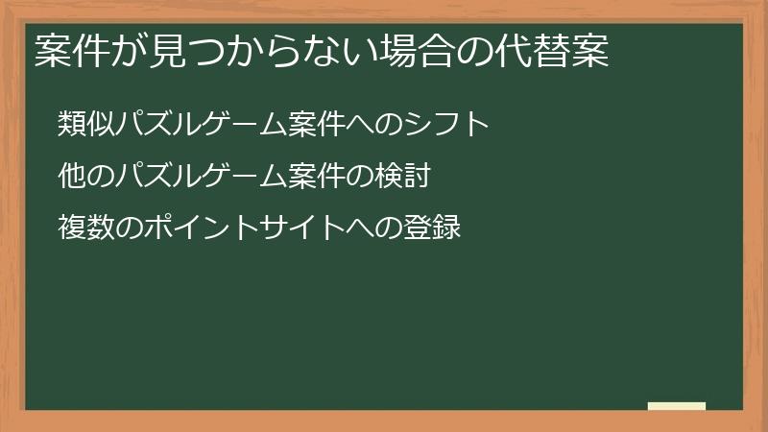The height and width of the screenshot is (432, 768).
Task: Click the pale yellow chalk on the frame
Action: tap(677, 406)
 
